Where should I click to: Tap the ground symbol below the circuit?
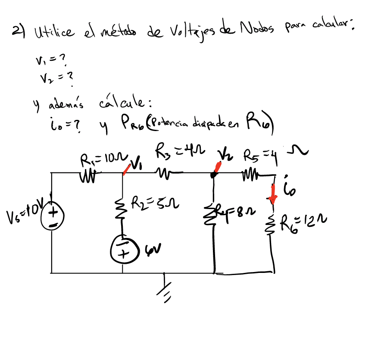(x=164, y=288)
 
